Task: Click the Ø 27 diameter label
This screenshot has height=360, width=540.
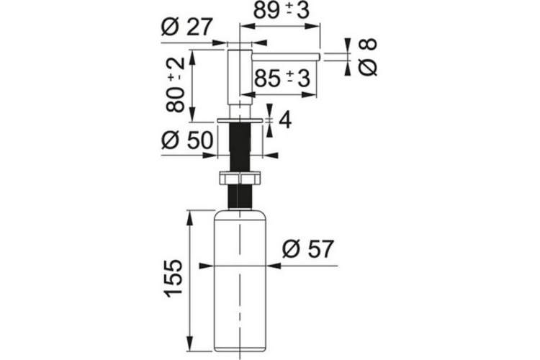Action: (x=186, y=27)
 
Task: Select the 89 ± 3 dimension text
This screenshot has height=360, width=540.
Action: (x=282, y=10)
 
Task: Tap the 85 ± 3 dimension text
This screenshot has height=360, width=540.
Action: (x=282, y=78)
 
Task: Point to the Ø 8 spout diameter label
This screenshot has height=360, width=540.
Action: (x=368, y=57)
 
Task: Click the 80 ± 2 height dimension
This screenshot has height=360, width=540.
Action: (x=175, y=85)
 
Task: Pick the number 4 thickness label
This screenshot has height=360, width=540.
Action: (x=285, y=120)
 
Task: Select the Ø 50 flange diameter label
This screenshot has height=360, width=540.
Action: (x=187, y=140)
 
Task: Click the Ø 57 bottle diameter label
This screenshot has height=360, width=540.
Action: (x=308, y=248)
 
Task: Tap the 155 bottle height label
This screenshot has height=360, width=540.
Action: (x=174, y=279)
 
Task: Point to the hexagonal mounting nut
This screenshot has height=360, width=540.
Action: (x=240, y=178)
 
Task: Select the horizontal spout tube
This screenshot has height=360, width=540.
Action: (x=287, y=57)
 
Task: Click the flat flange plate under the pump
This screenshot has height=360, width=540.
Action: (x=240, y=120)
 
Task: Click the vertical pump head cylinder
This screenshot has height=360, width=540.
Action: (x=240, y=77)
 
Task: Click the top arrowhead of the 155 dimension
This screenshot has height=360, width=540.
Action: (x=190, y=217)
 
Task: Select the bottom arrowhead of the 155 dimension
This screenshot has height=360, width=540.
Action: (x=190, y=343)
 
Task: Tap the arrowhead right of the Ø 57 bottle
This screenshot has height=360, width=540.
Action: (x=274, y=266)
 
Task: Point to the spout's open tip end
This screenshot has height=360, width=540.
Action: (x=320, y=57)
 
